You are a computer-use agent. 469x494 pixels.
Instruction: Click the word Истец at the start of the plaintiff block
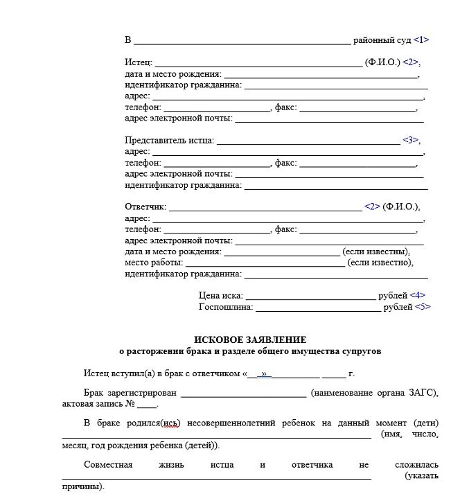click(138, 63)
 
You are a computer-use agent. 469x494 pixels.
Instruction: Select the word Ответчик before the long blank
click(145, 207)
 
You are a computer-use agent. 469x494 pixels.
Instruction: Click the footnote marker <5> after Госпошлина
click(422, 307)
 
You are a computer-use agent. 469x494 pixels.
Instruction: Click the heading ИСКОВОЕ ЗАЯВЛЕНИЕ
click(250, 339)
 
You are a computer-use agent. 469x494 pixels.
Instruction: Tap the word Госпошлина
click(225, 307)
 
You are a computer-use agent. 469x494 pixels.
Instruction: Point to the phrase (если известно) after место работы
click(380, 263)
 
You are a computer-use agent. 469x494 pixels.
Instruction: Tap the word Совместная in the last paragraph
click(108, 464)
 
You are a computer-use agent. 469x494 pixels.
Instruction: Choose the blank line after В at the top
click(242, 41)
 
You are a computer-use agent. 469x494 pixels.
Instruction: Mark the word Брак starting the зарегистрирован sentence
click(94, 393)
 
